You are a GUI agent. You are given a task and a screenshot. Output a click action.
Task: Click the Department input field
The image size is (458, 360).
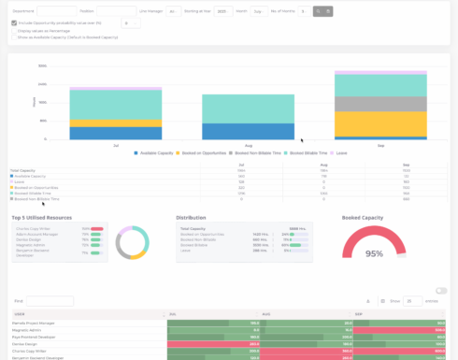56,11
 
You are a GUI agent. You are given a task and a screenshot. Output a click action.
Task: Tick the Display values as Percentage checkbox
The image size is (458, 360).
14,30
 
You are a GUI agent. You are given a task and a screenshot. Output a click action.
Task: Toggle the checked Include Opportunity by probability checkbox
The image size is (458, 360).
14,22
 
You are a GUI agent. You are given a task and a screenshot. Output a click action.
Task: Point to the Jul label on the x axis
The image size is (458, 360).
115,146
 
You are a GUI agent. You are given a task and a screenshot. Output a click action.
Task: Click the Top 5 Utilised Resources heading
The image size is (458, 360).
47,217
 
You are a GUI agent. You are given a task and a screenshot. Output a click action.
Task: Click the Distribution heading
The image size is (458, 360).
192,217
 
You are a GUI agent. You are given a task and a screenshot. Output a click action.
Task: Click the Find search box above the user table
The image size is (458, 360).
49,301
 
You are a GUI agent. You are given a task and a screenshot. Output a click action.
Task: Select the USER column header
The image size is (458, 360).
19,314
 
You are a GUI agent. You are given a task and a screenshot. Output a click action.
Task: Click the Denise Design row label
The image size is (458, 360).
28,343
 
